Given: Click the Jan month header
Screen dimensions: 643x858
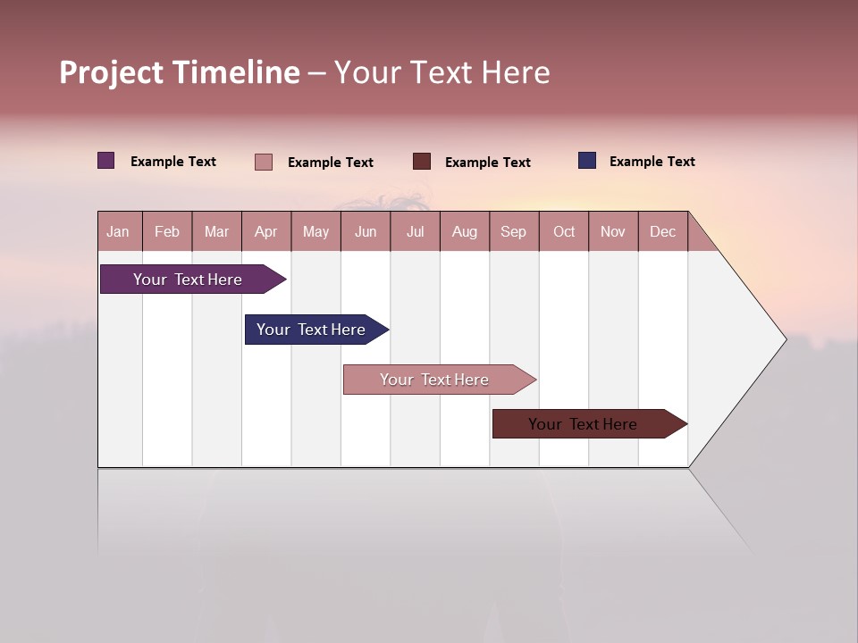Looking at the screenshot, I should tap(119, 231).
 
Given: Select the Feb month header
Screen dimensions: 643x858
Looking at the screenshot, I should tap(167, 231).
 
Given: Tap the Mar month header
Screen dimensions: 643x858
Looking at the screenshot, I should tap(216, 231).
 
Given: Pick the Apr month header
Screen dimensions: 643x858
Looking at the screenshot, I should tap(266, 231).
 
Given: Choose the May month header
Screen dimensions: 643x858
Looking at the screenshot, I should tap(315, 231).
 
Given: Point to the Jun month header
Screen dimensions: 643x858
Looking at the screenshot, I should tap(366, 231).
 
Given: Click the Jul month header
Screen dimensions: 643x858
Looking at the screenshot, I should tap(415, 231).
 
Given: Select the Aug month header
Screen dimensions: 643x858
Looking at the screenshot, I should tap(465, 231).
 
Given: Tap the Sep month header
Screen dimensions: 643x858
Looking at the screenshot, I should tap(514, 231).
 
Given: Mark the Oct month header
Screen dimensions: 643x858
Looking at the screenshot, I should tap(564, 231).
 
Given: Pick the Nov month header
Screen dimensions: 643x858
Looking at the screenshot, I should tap(613, 231).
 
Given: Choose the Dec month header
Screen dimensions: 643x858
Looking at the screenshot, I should tap(663, 231).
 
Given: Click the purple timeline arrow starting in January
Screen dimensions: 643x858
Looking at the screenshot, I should tap(189, 280).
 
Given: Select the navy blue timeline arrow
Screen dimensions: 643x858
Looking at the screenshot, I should tap(312, 330).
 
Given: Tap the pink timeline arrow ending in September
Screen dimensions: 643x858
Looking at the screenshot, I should tap(435, 380).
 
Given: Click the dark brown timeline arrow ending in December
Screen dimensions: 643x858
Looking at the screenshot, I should tap(584, 424).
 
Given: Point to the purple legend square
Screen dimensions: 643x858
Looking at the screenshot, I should tap(106, 161).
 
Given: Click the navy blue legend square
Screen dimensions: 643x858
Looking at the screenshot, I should tap(587, 161).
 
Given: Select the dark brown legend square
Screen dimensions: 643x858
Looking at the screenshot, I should tap(422, 162).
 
